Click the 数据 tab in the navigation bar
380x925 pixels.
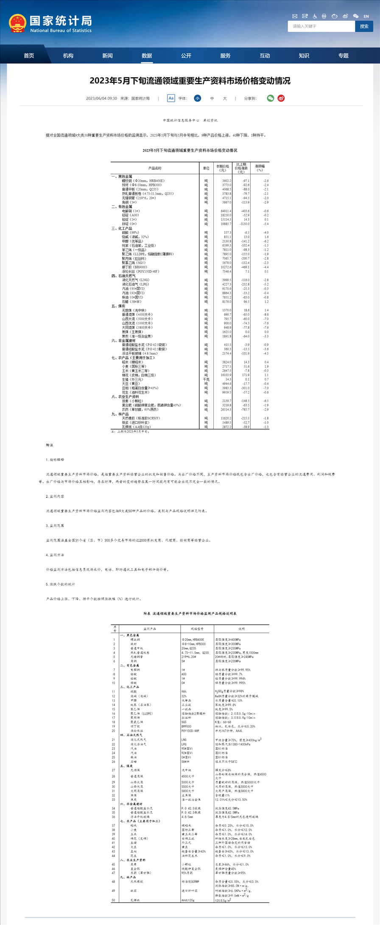147,56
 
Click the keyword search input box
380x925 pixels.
321,26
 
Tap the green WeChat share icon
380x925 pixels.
270,98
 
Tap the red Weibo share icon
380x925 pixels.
281,98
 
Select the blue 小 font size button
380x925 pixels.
197,98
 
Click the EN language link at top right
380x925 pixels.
366,16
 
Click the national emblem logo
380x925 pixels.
17,24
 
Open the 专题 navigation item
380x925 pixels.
343,56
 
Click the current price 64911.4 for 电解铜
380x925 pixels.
226,211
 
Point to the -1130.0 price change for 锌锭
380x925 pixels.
244,224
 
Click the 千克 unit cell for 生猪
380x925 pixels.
206,380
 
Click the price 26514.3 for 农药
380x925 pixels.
226,410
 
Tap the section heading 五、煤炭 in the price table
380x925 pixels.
118,306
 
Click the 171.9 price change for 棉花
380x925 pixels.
246,375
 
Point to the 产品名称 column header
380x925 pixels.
155,168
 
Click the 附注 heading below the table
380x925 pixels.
50,445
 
